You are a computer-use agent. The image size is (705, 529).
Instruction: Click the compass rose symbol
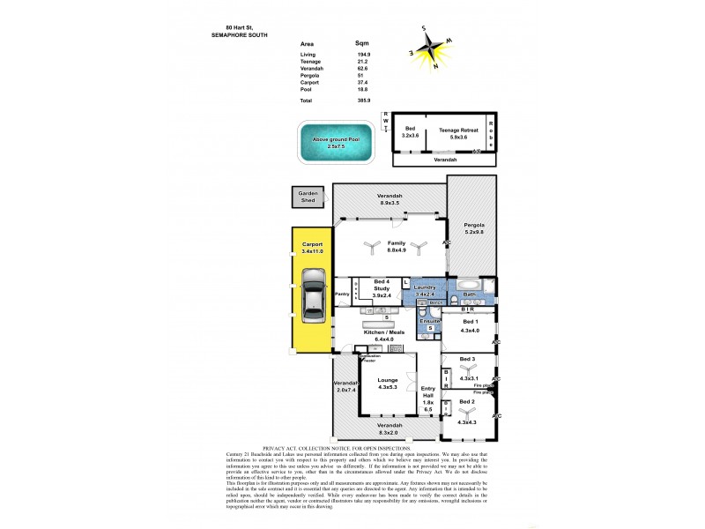point(434,48)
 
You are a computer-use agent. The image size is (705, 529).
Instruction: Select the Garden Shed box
point(308,197)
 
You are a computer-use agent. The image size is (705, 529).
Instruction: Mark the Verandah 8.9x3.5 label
point(390,198)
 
